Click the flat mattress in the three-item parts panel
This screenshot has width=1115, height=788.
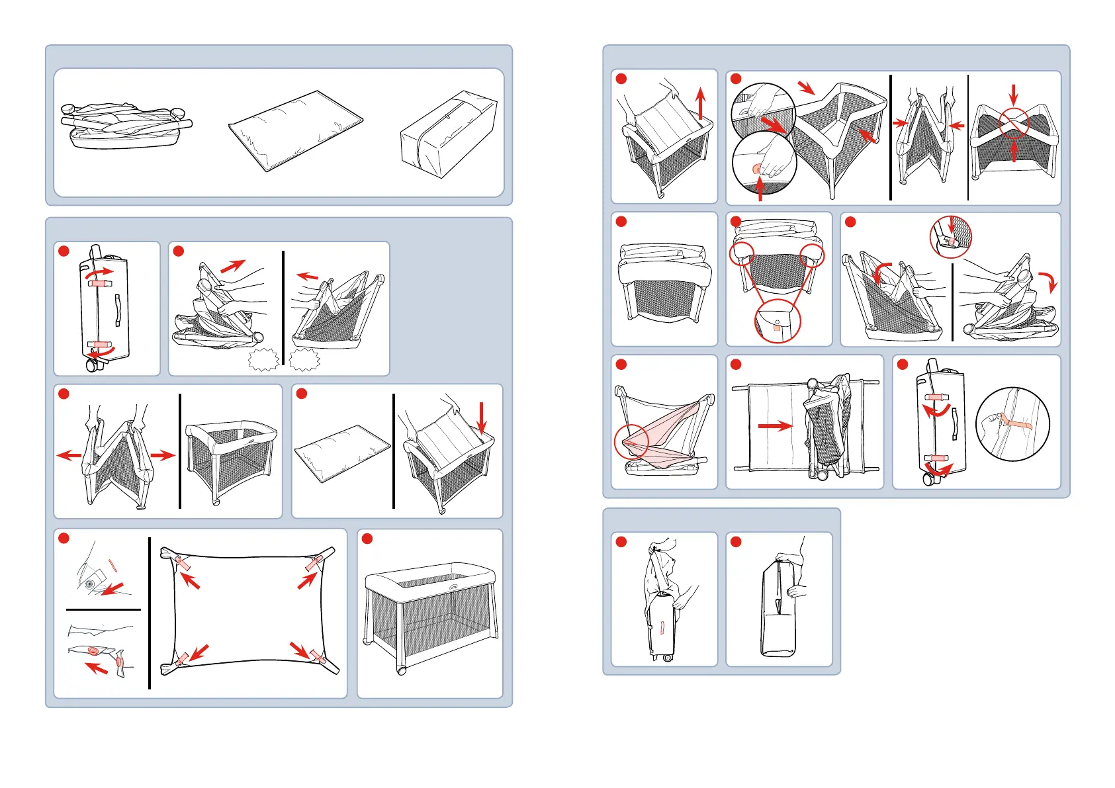point(295,130)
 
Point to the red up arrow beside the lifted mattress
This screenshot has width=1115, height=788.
point(701,104)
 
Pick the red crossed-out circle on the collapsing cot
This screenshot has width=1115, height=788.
point(1014,123)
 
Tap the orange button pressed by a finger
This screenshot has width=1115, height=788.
point(757,169)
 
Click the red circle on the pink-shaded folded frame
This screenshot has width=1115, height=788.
point(631,441)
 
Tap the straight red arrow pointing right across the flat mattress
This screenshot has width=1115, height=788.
point(775,425)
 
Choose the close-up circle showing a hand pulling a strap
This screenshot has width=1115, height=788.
point(1012,424)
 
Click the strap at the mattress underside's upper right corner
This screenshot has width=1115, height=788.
point(314,564)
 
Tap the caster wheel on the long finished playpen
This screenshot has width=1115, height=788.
point(402,670)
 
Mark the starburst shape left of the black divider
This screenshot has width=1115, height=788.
point(263,360)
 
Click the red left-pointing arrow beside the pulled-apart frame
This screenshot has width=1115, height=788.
point(69,455)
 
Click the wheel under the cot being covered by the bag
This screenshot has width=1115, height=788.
point(667,658)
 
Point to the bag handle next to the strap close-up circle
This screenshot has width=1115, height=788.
point(954,423)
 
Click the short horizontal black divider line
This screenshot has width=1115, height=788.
point(103,609)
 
